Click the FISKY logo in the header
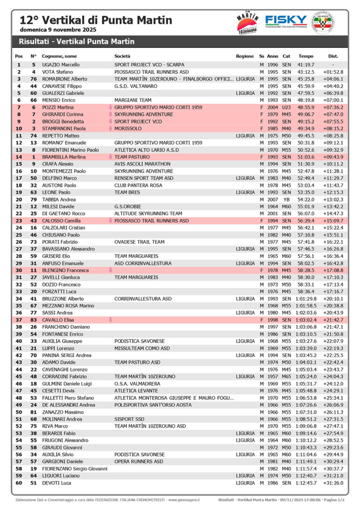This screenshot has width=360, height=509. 286,21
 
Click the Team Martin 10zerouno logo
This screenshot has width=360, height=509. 247,22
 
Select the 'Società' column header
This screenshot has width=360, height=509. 122,56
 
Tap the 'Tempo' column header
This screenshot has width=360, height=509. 306,56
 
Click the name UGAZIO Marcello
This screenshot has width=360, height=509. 60,65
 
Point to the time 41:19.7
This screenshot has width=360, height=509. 306,65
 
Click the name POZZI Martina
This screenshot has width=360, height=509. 57,107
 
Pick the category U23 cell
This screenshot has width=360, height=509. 286,107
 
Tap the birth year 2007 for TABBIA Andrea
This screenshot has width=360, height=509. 272,200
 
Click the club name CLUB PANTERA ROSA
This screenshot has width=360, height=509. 138,185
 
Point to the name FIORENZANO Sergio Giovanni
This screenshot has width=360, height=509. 75,469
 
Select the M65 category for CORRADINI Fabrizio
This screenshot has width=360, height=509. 286,376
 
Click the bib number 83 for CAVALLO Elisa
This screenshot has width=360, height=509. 34,320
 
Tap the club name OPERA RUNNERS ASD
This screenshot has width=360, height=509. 139,462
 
